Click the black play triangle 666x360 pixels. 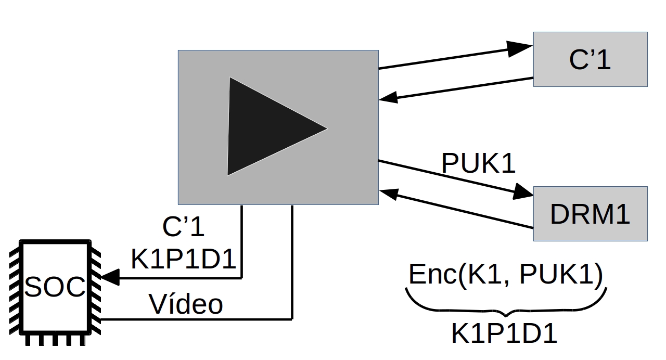[x=268, y=127]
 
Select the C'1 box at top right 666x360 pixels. [x=590, y=59]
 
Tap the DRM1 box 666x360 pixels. [x=590, y=214]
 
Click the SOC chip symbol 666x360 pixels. [x=55, y=288]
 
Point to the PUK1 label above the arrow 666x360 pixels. [x=478, y=163]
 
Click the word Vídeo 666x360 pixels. [x=186, y=304]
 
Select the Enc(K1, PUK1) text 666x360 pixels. [x=505, y=275]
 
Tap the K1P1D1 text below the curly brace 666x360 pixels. [x=504, y=335]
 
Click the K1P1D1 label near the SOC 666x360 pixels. [x=184, y=259]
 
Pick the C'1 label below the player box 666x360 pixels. [x=184, y=227]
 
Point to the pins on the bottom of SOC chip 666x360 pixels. [x=55, y=340]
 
